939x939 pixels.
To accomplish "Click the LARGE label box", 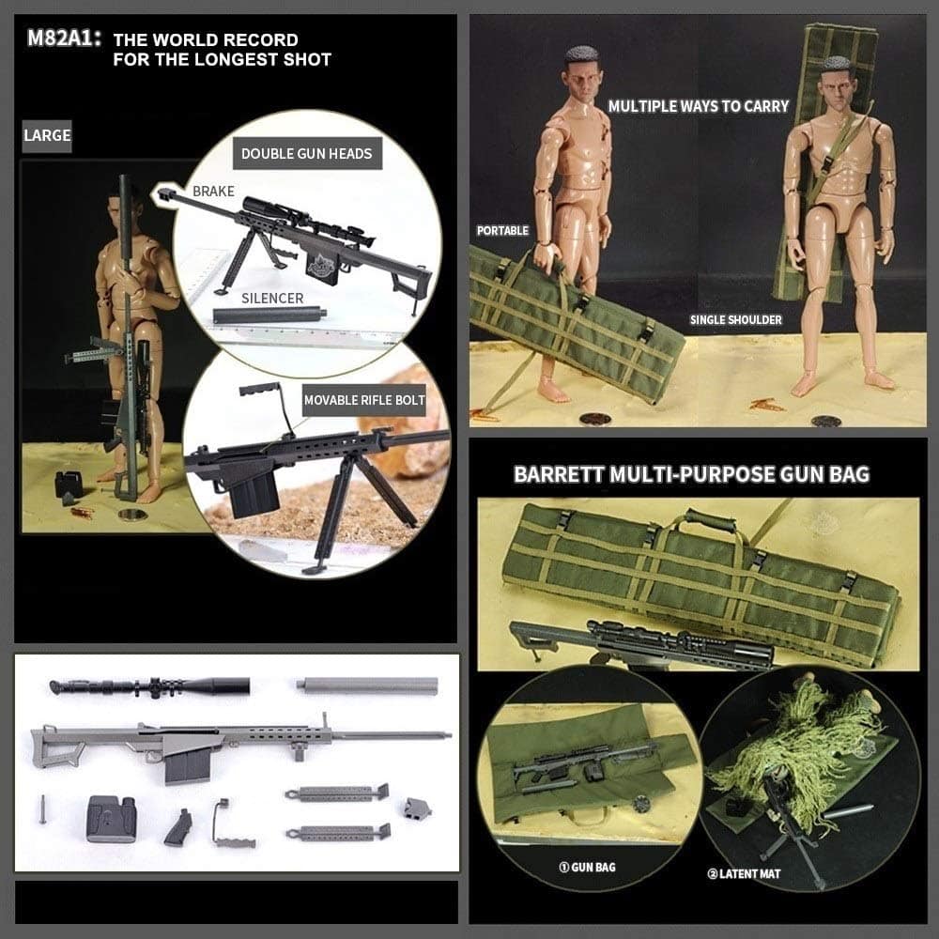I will click(x=47, y=135).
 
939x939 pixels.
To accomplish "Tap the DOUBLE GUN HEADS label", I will click(x=306, y=154).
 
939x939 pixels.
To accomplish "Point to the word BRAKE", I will click(x=213, y=192).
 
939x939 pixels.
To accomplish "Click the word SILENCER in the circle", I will click(x=272, y=299).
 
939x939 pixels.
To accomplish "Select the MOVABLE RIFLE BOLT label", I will click(x=364, y=401).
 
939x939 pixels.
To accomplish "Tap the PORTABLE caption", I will click(x=503, y=230).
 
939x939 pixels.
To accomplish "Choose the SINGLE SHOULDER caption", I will click(x=735, y=320).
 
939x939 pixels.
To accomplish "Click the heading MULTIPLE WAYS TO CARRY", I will click(x=699, y=106).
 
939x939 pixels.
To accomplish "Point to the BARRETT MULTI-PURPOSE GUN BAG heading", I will click(x=691, y=473).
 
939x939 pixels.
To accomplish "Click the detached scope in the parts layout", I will click(x=149, y=687).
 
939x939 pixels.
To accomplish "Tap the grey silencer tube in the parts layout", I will click(x=367, y=685).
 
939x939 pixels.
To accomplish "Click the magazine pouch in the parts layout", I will click(x=110, y=818).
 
